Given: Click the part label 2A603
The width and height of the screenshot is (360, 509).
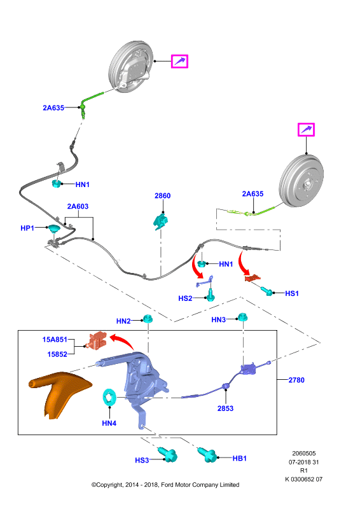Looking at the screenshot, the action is [78, 206].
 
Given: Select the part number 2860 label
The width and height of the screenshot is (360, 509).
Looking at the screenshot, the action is [162, 196].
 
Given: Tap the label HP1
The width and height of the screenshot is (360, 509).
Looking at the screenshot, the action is [27, 228].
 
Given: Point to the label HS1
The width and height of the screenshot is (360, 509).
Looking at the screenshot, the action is [291, 293].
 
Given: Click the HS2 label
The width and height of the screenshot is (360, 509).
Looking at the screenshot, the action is [185, 298].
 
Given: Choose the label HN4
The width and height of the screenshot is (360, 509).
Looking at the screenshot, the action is [109, 423].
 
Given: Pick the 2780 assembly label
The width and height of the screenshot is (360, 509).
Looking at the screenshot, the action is [296, 380].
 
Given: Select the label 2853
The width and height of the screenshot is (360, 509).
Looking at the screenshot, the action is [225, 408].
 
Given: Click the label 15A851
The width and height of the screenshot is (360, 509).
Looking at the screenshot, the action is [55, 340].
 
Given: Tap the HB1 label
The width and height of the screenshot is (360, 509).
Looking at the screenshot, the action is [240, 458].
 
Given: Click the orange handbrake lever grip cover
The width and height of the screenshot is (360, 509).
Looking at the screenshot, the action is [59, 394].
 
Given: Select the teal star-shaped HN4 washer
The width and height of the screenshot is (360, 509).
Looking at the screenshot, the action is [109, 396].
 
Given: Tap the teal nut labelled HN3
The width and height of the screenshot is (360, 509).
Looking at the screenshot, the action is [242, 317].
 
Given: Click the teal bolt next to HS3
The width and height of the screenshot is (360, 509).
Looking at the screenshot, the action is [167, 454].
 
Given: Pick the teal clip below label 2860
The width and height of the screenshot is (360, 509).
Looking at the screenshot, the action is [161, 221].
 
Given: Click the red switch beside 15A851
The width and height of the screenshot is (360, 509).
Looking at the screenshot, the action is [97, 341].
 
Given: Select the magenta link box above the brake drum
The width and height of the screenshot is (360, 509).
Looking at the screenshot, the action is [306, 130].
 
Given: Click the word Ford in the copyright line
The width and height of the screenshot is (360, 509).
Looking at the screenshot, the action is [167, 485].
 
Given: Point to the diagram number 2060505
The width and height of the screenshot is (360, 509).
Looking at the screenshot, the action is [304, 454].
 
